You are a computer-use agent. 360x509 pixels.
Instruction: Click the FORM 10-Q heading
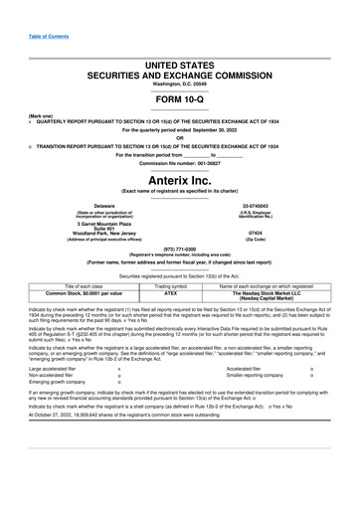pos(179,102)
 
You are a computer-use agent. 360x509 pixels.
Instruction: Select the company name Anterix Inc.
pos(180,178)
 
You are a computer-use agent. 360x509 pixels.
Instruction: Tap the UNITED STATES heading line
pos(180,64)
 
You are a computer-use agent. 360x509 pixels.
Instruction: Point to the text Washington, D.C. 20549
pos(179,85)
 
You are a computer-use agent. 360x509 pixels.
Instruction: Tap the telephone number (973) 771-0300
pos(179,250)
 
